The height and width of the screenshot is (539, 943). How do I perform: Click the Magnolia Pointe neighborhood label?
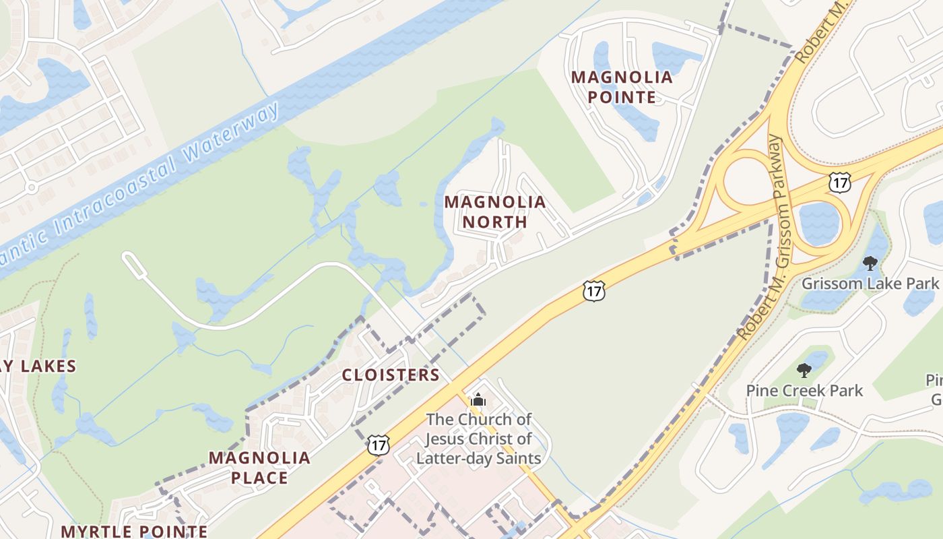pos(622,87)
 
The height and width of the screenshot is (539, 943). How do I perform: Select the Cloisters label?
pos(391,375)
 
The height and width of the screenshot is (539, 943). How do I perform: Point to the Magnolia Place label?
pos(259,468)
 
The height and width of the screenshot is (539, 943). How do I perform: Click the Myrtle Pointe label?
pos(134,531)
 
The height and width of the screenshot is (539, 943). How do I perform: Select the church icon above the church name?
pos(478,400)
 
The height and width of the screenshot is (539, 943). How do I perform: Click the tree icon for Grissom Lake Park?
pos(870,263)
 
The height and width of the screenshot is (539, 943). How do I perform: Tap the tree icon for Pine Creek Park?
pos(804,370)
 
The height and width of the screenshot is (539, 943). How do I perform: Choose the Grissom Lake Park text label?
pos(870,283)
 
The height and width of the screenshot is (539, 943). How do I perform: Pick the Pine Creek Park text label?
pos(804,390)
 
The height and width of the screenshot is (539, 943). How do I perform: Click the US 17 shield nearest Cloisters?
pos(379,444)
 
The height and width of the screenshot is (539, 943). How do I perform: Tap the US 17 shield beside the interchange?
pos(840,182)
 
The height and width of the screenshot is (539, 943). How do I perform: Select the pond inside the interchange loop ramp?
pos(818,223)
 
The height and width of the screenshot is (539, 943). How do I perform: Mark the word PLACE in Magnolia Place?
pos(259,478)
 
